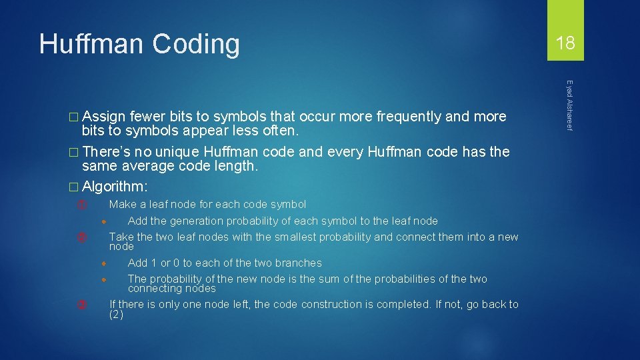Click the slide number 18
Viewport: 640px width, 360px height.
click(x=565, y=44)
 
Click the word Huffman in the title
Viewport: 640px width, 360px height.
click(x=91, y=44)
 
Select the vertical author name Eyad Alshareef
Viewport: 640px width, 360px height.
click(x=569, y=105)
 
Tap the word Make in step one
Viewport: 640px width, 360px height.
click(x=121, y=205)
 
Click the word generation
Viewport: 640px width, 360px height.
click(x=197, y=221)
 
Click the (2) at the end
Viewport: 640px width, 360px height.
click(x=116, y=314)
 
